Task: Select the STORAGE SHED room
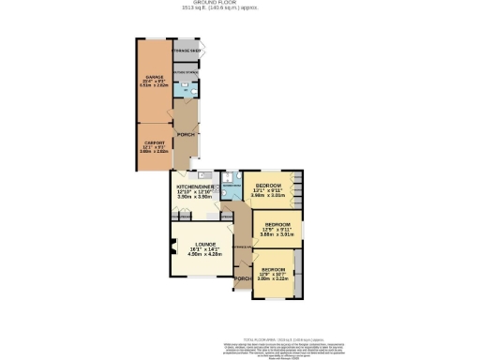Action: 186,50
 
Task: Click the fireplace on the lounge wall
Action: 174,249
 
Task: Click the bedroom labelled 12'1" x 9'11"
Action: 271,187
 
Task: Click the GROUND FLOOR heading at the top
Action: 239,4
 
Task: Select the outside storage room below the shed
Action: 186,68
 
